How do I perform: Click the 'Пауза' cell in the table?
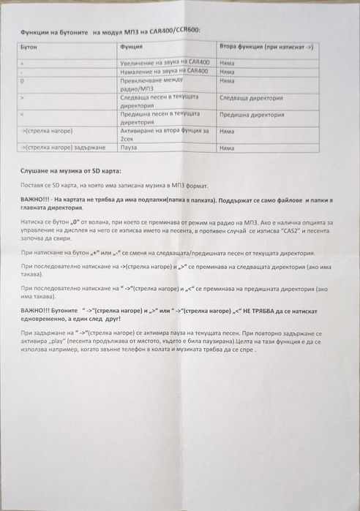tap(129, 148)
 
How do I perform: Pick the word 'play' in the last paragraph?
tap(118, 341)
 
